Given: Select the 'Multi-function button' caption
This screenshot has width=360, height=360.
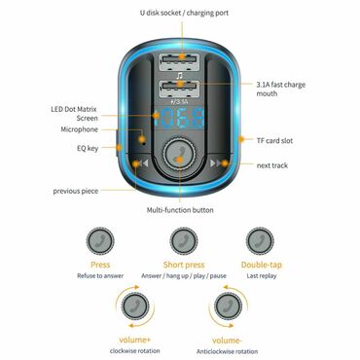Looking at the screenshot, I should click(181, 209).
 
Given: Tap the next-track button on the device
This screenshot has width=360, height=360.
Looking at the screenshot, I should click(218, 163).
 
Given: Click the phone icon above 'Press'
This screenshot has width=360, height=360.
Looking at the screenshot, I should click(99, 239).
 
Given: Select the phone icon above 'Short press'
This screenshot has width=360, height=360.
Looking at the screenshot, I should click(180, 239).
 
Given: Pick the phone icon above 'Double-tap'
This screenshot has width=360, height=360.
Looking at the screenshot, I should click(260, 239).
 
